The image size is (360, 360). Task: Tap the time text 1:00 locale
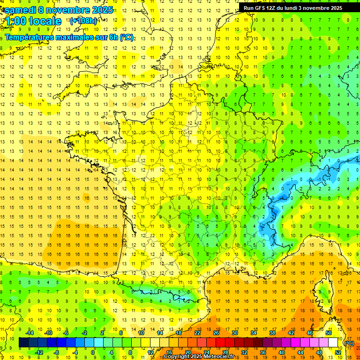[33, 21]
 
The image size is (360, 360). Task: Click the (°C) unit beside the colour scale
[349, 343]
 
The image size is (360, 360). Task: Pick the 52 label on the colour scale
[337, 352]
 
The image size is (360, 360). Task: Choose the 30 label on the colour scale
[234, 333]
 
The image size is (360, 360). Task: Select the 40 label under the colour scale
[281, 352]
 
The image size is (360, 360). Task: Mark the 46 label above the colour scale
[309, 333]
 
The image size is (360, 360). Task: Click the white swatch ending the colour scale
[333, 343]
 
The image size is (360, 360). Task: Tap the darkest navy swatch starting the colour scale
[23, 343]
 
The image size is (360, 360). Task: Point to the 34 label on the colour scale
[253, 333]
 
